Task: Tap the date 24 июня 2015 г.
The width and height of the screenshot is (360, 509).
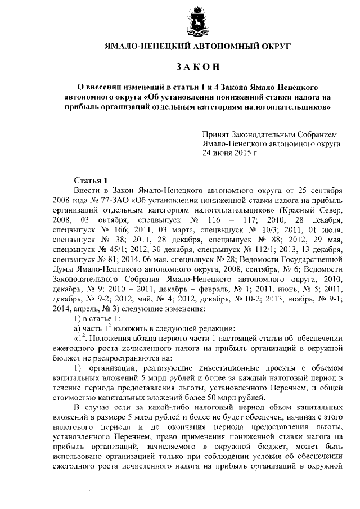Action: click(x=231, y=152)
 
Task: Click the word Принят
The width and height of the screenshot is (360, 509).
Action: click(x=216, y=135)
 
